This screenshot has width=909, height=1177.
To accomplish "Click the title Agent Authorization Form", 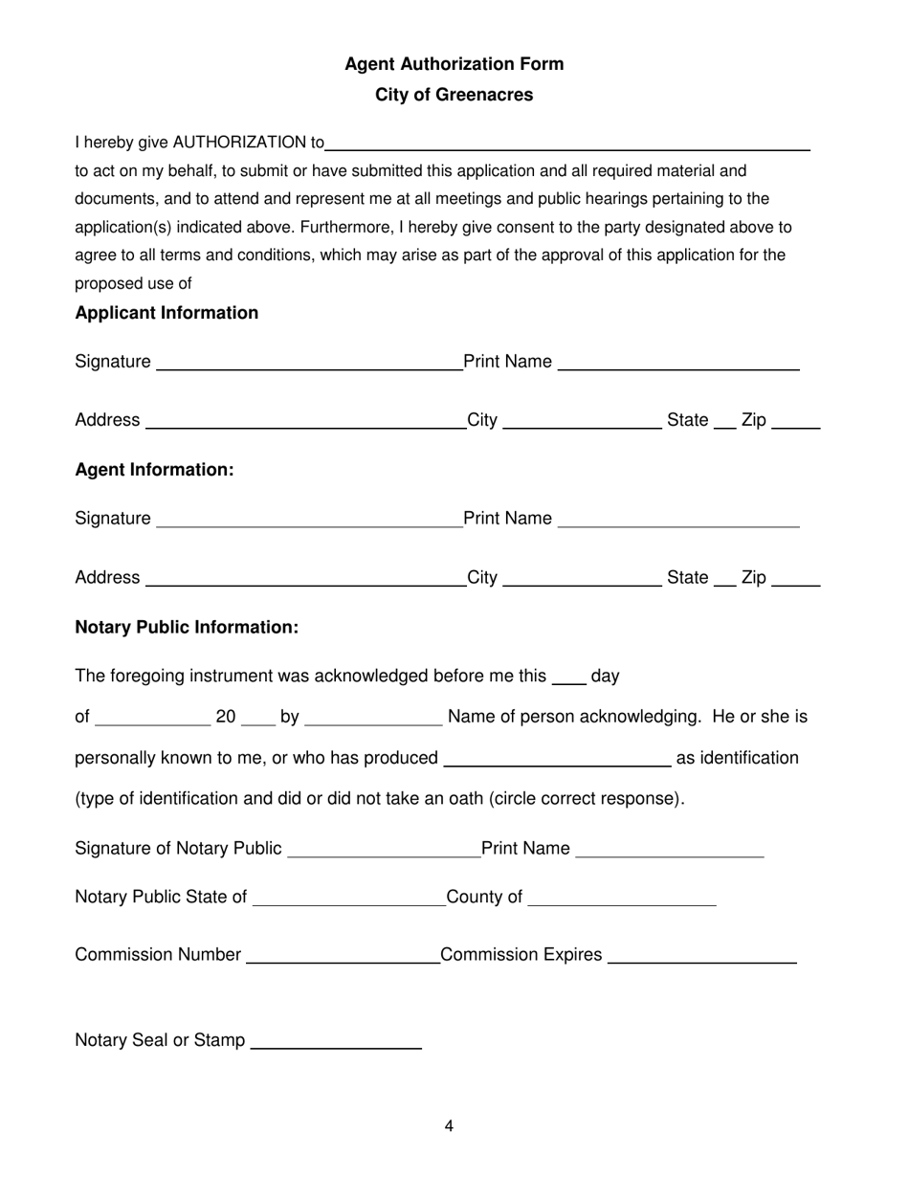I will tap(454, 64).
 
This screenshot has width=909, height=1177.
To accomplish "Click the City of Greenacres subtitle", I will tap(454, 95).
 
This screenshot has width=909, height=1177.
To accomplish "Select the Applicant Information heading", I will tap(166, 313).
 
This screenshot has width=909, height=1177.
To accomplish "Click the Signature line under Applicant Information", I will tap(308, 364).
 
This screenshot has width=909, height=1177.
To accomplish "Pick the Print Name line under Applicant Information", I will tap(677, 364).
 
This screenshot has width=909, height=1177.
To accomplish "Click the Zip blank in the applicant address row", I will tap(795, 423).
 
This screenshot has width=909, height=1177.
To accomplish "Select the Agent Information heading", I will tap(154, 470).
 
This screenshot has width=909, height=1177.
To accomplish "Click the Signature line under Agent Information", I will tap(308, 521).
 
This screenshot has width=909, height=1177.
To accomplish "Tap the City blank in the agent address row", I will tap(582, 580).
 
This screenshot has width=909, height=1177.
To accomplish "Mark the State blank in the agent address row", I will tap(725, 580).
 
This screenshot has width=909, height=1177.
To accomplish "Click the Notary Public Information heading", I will tap(187, 627).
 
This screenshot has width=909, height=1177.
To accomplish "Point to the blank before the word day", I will tap(569, 678).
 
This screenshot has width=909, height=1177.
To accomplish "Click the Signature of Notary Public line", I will tap(383, 852).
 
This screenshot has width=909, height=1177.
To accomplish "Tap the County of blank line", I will tap(621, 899).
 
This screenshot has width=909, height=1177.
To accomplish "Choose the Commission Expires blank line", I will tap(701, 958).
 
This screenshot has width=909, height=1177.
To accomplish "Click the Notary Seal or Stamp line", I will tap(335, 1043).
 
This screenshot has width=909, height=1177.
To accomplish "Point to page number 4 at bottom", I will tap(449, 1126).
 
